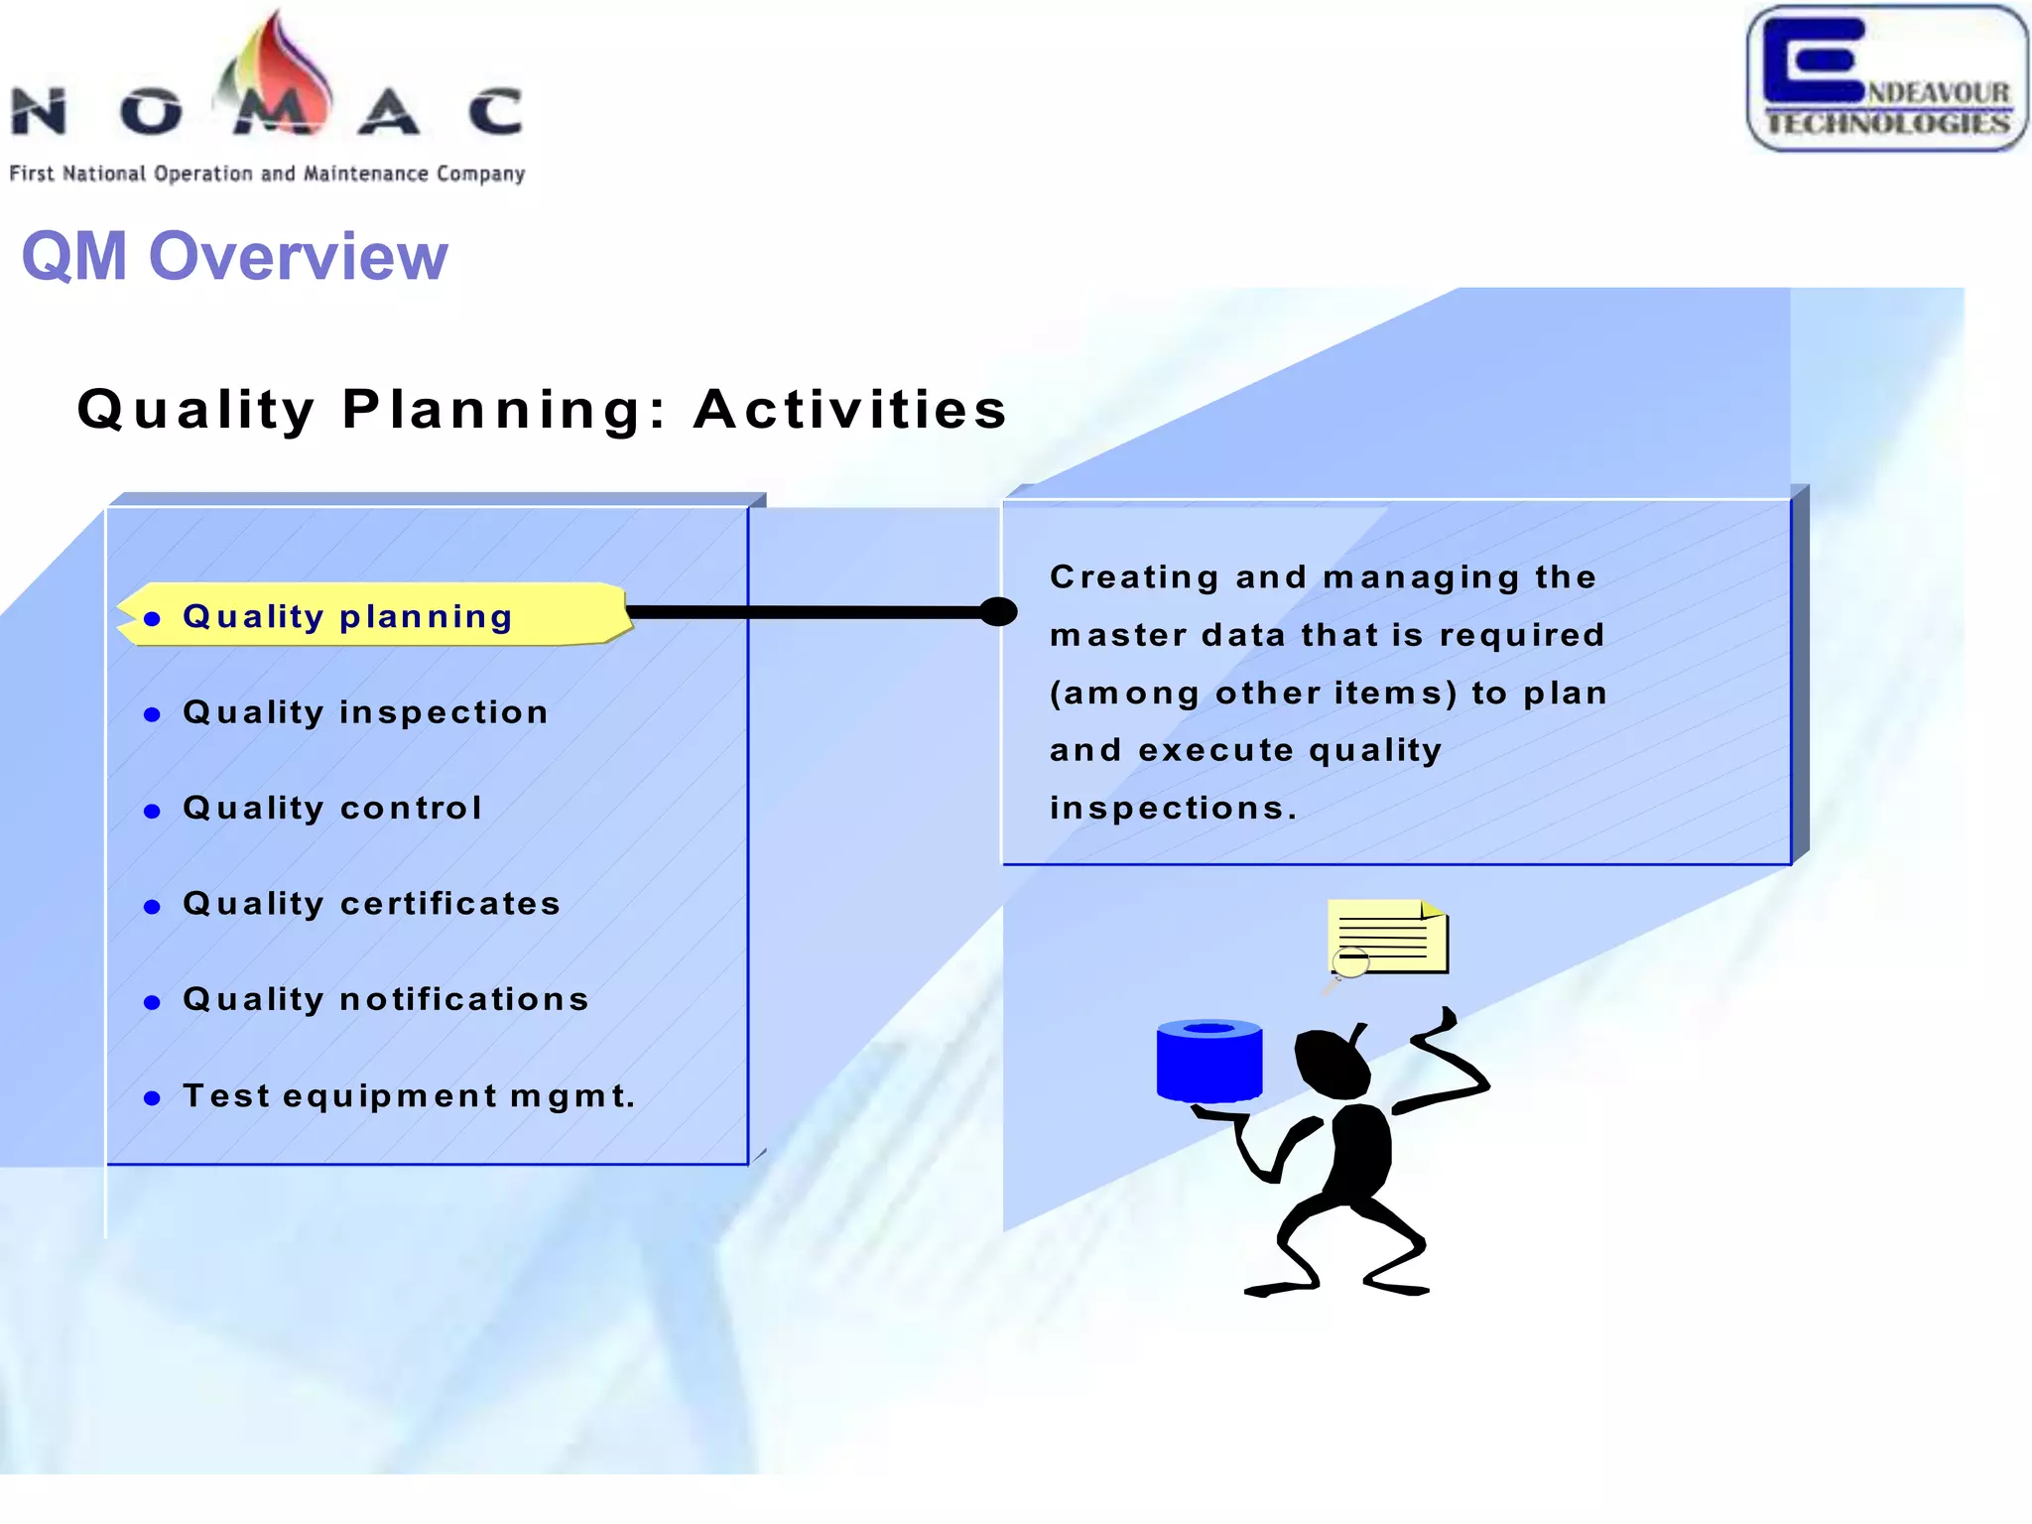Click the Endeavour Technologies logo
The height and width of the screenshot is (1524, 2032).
click(1886, 79)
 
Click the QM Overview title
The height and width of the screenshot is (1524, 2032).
click(234, 256)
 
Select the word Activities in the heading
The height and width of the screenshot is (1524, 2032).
click(850, 409)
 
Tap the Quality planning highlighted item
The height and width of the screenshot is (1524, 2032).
click(347, 616)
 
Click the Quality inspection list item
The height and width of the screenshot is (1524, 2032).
click(365, 712)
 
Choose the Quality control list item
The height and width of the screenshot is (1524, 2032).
click(332, 808)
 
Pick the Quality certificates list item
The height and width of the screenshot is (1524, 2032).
click(372, 903)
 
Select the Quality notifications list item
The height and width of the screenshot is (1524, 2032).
click(386, 999)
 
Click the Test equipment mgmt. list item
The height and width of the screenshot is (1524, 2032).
click(409, 1095)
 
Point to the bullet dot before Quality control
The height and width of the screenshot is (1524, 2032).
click(152, 811)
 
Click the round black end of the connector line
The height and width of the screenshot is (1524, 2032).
click(997, 612)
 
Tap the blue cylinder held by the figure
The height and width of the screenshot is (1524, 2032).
click(1208, 1062)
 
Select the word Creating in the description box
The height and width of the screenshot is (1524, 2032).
click(1134, 577)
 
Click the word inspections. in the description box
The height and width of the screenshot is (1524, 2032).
click(1174, 808)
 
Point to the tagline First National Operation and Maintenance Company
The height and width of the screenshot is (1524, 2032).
click(267, 174)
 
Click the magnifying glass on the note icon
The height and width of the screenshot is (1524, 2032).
click(1348, 963)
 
